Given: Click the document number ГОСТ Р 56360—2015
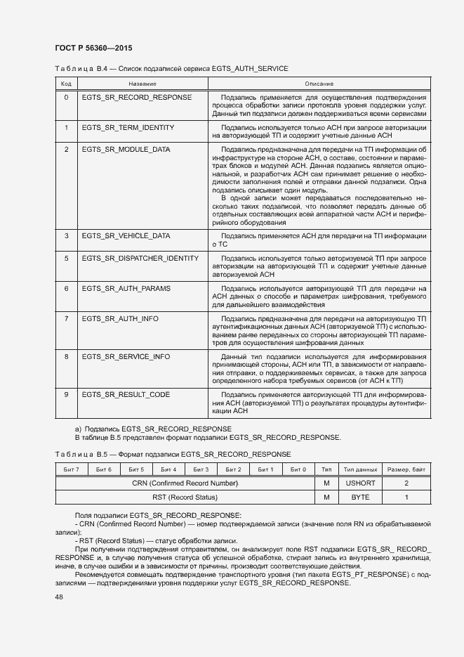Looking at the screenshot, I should [x=93, y=48].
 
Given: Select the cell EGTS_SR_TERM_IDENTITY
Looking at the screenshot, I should [x=128, y=128].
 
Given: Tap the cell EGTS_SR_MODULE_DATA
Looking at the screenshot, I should [x=126, y=150].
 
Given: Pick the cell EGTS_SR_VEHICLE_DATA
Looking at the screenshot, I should [x=126, y=236].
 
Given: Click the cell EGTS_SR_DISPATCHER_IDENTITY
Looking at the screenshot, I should [x=140, y=259].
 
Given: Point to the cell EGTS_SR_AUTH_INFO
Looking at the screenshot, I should [x=120, y=319].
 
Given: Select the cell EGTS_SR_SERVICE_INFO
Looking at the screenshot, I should [x=126, y=357].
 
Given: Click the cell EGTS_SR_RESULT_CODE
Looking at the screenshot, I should [x=126, y=395].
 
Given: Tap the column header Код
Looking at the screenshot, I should [x=66, y=84].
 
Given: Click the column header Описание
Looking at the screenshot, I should [x=319, y=84].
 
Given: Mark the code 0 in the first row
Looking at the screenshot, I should [x=66, y=97].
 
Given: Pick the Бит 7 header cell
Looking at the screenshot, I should [x=71, y=469].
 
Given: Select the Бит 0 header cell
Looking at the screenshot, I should [x=298, y=469].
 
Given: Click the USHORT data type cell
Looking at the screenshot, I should [x=361, y=483].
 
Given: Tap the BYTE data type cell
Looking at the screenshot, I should [x=361, y=497].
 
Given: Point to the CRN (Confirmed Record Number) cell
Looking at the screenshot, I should [x=185, y=483].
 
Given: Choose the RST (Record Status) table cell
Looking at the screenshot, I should [x=185, y=497].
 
